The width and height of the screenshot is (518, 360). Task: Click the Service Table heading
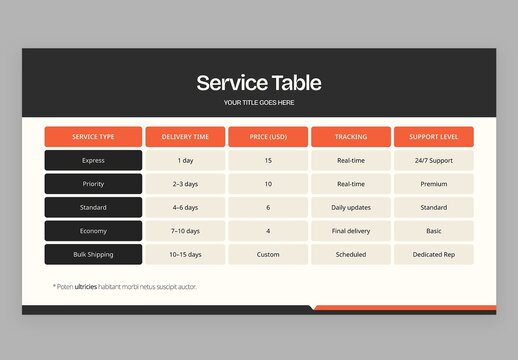click(259, 83)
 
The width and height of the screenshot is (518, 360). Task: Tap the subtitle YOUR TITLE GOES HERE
click(259, 102)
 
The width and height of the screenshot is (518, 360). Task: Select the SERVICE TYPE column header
click(93, 137)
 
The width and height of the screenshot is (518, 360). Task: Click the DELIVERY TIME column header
click(185, 137)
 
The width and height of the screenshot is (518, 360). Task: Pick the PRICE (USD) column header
click(268, 137)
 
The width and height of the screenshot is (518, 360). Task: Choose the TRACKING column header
click(351, 137)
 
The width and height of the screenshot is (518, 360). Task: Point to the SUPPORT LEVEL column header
click(433, 137)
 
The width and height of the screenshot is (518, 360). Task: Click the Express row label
click(93, 160)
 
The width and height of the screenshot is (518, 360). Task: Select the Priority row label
click(93, 184)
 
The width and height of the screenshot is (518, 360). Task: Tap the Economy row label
click(93, 231)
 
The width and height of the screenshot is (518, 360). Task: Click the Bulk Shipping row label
click(93, 254)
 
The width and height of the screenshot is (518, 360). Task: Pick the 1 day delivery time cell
click(185, 160)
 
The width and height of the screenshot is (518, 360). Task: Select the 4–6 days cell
click(185, 207)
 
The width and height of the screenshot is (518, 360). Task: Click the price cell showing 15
click(268, 160)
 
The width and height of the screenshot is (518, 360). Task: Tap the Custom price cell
click(268, 254)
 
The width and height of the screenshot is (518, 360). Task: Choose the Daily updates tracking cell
click(351, 207)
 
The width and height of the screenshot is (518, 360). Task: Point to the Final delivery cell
click(351, 231)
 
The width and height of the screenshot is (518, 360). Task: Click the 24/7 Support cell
click(433, 160)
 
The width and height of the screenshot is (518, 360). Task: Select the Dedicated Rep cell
click(433, 254)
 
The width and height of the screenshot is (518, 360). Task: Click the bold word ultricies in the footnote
click(92, 287)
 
